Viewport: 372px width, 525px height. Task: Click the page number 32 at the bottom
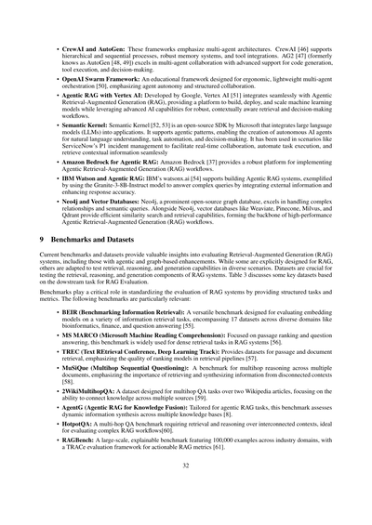(186, 492)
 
